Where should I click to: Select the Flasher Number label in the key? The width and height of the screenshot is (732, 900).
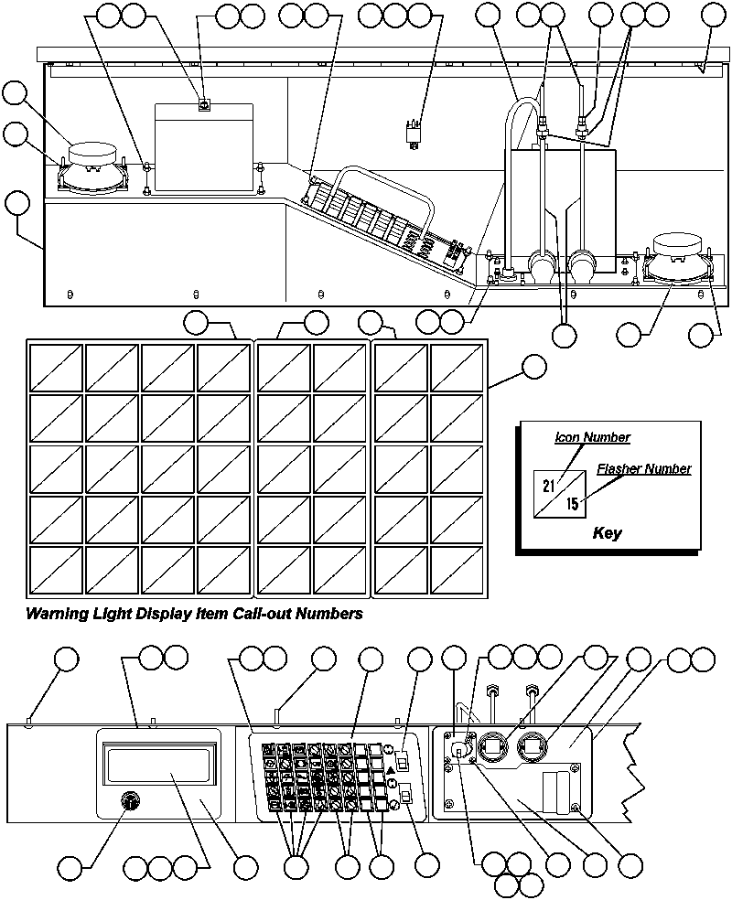coord(643,469)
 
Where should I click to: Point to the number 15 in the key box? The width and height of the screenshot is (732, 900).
coord(572,503)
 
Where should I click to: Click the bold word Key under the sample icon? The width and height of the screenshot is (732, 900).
coord(607,533)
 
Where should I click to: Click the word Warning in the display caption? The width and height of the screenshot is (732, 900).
coord(55,614)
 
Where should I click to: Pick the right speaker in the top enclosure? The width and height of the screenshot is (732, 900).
coord(677,257)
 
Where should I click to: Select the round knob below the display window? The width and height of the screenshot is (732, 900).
coord(130,802)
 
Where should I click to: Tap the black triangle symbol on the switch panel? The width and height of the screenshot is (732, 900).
coord(392,772)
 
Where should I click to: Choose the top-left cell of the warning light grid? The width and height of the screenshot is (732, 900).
coord(57,369)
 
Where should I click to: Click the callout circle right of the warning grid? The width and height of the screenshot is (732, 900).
coord(533,368)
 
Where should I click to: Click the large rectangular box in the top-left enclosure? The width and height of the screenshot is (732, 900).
coord(203,148)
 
